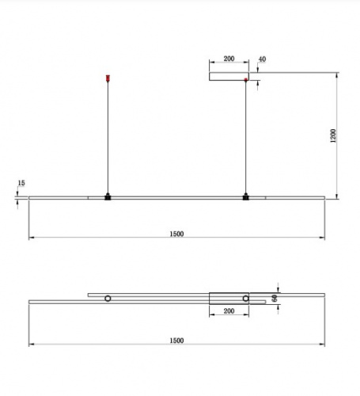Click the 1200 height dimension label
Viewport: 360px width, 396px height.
pyautogui.click(x=333, y=136)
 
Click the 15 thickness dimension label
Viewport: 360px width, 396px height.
pyautogui.click(x=21, y=183)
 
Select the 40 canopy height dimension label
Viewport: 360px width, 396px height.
pyautogui.click(x=262, y=59)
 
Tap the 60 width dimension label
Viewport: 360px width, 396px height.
pyautogui.click(x=275, y=299)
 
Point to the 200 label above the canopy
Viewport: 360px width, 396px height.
pyautogui.click(x=229, y=59)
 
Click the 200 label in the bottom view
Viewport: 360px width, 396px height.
pyautogui.click(x=229, y=311)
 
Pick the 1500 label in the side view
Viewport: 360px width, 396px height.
pyautogui.click(x=176, y=234)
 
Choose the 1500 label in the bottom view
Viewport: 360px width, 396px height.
pyautogui.click(x=176, y=341)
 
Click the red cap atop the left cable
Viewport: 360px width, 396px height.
pyautogui.click(x=108, y=78)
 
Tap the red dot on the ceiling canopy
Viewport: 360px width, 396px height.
pyautogui.click(x=246, y=79)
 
